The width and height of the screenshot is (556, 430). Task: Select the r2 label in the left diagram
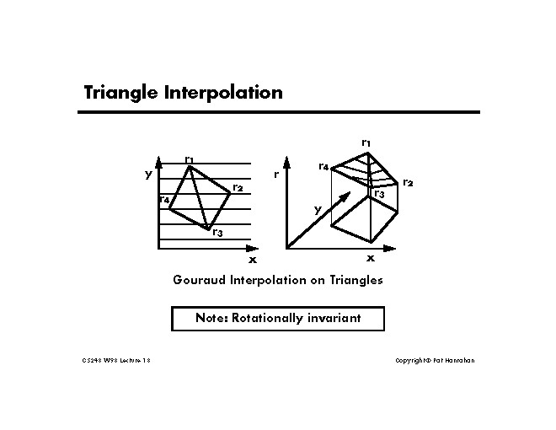(x=238, y=186)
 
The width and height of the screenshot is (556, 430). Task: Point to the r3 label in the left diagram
(x=217, y=232)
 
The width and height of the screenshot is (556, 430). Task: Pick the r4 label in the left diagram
(x=164, y=200)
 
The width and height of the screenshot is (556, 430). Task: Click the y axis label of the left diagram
(x=148, y=175)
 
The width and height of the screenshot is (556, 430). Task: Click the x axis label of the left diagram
(x=253, y=260)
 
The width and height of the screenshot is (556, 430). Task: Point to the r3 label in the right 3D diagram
(x=379, y=194)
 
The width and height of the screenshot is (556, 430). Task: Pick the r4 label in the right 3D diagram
(x=323, y=166)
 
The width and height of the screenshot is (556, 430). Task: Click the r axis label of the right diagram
(x=276, y=175)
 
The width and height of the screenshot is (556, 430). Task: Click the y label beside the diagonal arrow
(x=318, y=210)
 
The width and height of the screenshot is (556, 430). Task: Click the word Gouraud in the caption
(x=201, y=280)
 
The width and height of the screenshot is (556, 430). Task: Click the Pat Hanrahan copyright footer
(x=435, y=361)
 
